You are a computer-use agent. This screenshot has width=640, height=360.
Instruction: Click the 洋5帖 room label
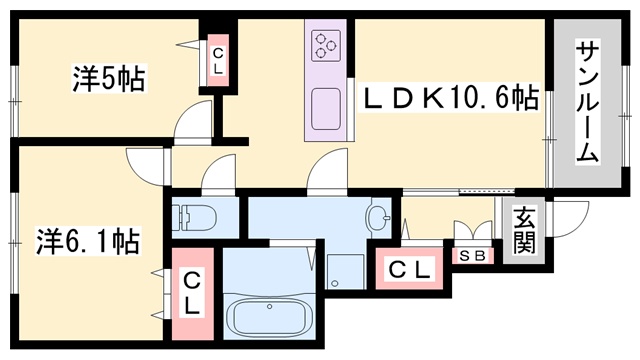point(109,78)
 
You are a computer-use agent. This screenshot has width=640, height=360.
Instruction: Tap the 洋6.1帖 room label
point(88,241)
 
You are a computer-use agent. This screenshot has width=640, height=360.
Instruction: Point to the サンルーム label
point(587,102)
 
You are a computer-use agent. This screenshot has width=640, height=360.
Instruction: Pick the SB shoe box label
point(473,256)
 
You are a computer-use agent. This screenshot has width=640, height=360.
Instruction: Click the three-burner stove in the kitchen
point(326,46)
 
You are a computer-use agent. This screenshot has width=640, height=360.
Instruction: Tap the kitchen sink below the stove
point(326,109)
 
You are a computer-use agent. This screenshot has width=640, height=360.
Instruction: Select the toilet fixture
point(194,217)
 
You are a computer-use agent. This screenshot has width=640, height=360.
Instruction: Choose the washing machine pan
point(345,271)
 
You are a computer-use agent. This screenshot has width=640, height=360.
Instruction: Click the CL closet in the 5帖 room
point(218,60)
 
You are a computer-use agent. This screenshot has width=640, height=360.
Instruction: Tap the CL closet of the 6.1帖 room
point(193,293)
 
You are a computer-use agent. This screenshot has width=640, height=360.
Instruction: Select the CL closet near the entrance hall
point(409,269)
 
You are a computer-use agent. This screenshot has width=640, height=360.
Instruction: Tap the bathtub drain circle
point(269,306)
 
